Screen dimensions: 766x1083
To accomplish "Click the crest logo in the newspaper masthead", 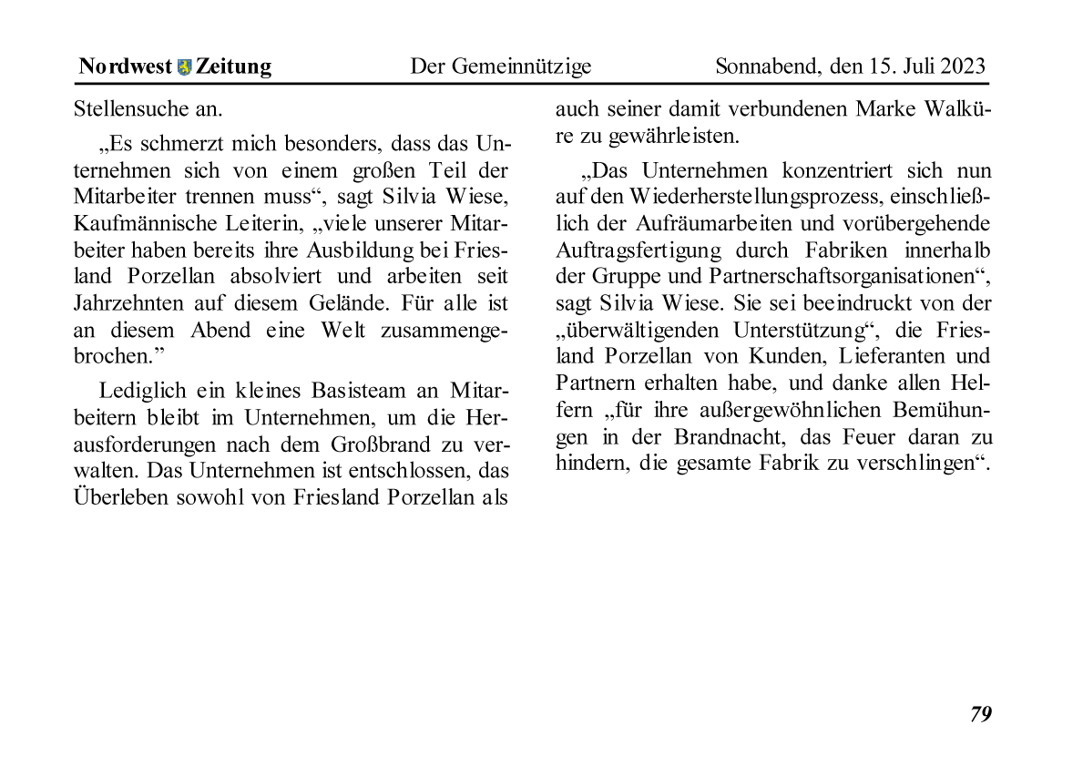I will (x=185, y=66).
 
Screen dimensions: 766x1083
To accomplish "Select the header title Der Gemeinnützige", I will (x=500, y=66).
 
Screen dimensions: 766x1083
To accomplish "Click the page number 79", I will (x=980, y=714).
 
